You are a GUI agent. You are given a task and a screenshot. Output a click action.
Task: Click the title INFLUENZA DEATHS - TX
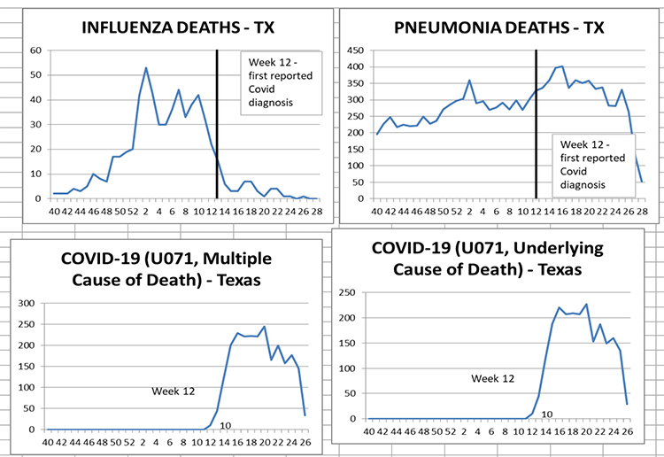178,27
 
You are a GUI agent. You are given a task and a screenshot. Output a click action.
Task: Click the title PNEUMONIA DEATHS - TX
498,27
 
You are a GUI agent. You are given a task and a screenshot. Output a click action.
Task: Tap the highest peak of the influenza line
146,67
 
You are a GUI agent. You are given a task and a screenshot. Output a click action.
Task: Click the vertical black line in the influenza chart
217,124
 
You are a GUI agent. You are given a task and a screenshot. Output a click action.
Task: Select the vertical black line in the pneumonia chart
536,124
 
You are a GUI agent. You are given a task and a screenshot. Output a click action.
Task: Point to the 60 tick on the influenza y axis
35,50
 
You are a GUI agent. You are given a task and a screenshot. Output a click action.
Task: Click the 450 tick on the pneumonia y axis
355,50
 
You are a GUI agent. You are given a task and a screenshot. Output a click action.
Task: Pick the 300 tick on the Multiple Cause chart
27,303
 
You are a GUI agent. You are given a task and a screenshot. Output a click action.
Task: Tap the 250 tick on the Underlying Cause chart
347,292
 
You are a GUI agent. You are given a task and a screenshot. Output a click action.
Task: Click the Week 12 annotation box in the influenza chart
282,83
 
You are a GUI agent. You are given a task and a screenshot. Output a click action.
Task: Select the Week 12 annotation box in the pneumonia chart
594,166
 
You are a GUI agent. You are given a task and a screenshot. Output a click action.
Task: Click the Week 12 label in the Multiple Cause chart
174,391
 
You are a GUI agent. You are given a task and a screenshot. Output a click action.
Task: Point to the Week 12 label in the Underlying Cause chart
493,379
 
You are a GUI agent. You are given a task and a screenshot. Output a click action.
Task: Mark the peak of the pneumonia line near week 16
562,66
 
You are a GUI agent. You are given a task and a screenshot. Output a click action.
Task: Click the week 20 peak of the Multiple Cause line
264,326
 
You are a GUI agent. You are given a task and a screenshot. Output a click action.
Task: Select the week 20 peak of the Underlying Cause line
586,304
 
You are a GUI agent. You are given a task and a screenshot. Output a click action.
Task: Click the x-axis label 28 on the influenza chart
317,211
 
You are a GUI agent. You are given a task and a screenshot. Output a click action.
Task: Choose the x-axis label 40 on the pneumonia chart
377,211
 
